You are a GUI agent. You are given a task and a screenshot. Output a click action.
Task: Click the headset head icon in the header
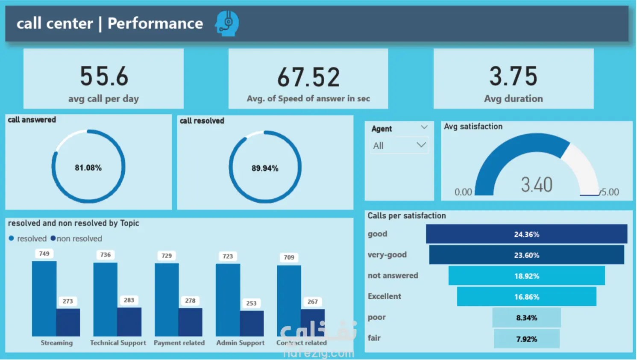(227, 24)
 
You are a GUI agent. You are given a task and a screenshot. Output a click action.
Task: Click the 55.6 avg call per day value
(104, 76)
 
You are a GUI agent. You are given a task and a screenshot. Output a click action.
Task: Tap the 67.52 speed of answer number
(308, 77)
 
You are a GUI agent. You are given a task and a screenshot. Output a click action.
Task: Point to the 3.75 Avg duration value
(513, 76)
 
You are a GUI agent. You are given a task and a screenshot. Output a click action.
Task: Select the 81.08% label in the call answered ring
(88, 168)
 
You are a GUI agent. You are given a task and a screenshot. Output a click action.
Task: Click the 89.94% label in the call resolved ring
(265, 168)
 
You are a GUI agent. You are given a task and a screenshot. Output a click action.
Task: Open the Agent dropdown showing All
(399, 145)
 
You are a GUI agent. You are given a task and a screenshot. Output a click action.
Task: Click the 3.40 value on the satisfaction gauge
(537, 185)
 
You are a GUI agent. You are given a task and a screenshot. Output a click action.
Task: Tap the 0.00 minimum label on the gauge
(463, 192)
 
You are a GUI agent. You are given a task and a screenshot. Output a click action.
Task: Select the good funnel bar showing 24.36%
(526, 234)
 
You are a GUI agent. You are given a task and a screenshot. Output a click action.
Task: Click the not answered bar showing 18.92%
(527, 275)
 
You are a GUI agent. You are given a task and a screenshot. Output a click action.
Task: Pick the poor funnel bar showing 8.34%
(527, 317)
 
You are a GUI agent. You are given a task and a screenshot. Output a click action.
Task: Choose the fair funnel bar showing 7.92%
(527, 338)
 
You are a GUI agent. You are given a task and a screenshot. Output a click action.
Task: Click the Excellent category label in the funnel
(384, 296)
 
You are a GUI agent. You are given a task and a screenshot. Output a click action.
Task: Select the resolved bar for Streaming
(44, 298)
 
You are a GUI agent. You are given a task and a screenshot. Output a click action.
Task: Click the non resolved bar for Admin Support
(252, 323)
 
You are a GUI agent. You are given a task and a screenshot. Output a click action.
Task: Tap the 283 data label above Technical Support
(129, 300)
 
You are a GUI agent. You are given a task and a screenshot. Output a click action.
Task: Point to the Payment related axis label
(179, 342)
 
